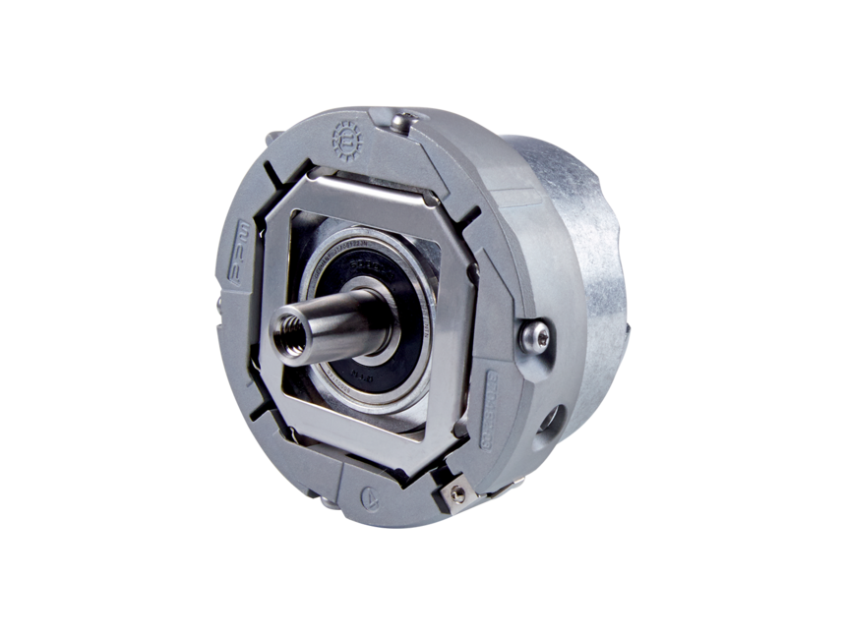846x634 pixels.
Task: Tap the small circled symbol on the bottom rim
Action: pyautogui.click(x=367, y=496)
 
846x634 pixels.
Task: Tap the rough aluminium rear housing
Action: pyautogui.click(x=580, y=246)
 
